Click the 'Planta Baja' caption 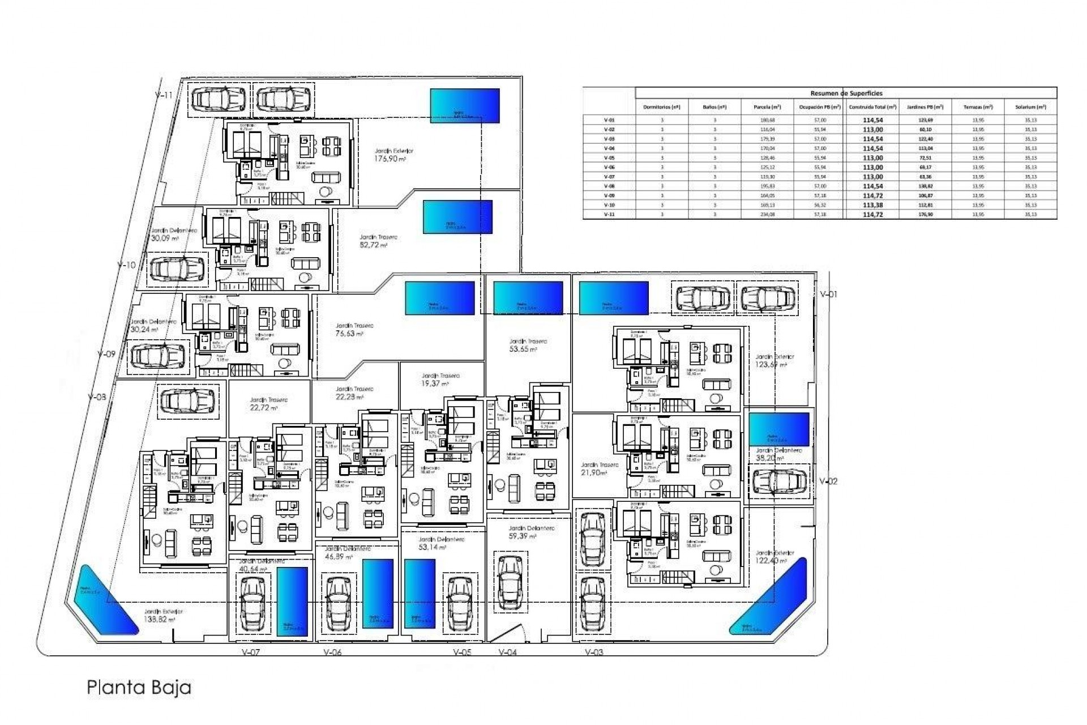pyautogui.click(x=139, y=688)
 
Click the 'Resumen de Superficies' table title pyautogui.click(x=846, y=93)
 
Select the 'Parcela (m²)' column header pyautogui.click(x=767, y=107)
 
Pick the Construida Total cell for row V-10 pyautogui.click(x=872, y=205)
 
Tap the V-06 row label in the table pyautogui.click(x=609, y=167)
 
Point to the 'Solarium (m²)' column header pyautogui.click(x=1030, y=107)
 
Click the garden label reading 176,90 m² pyautogui.click(x=390, y=159)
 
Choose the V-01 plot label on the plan pyautogui.click(x=828, y=294)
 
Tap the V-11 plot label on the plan pyautogui.click(x=164, y=95)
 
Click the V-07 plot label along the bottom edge pyautogui.click(x=250, y=652)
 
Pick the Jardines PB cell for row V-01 pyautogui.click(x=925, y=120)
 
